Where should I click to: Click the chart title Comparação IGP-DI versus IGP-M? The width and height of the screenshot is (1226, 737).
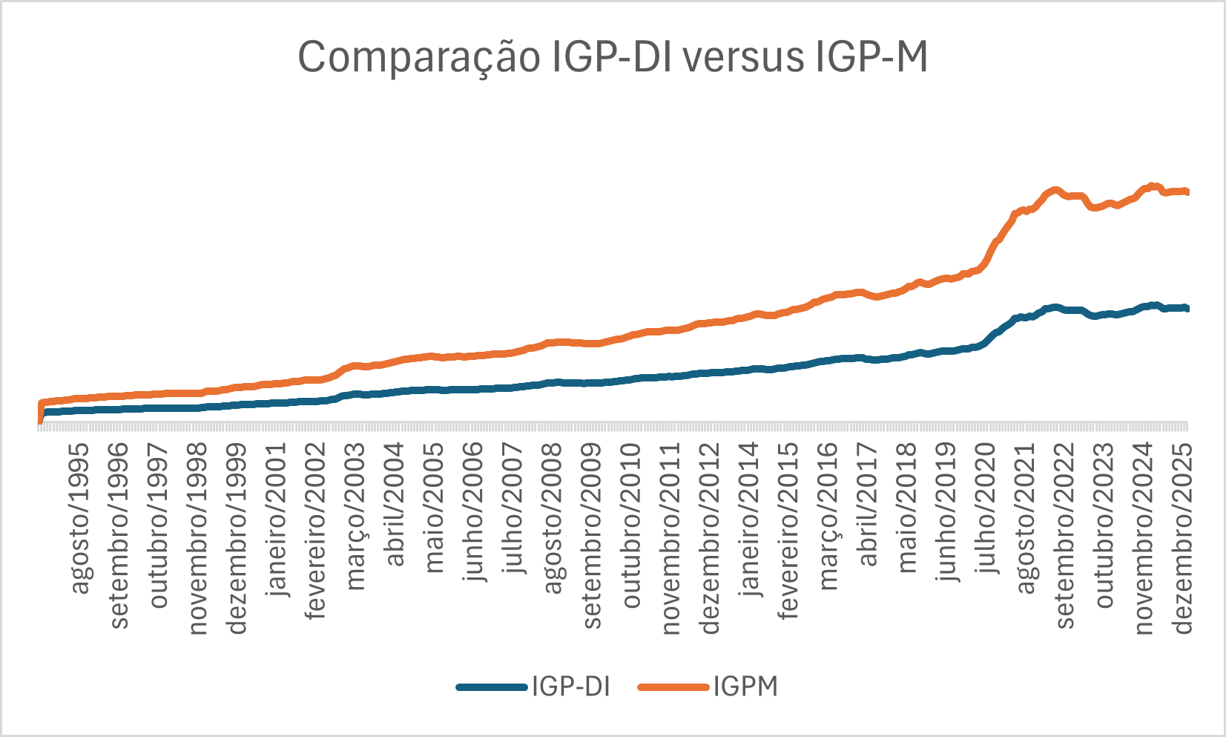pos(613,57)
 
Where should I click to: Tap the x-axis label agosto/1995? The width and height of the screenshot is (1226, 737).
pos(80,519)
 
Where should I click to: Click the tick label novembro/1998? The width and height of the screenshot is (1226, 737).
pos(198,540)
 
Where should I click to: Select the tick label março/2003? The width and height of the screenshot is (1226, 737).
pos(356,517)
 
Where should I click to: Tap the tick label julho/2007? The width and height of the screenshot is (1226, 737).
pos(513,509)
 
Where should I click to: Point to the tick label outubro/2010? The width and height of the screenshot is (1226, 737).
pos(631,526)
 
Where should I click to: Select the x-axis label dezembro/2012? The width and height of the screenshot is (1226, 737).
pos(710,540)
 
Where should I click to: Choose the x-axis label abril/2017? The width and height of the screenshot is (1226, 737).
pos(868,505)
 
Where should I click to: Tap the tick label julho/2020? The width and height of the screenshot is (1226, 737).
pos(986,509)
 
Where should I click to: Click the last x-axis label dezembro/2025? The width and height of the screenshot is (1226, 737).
pos(1183,540)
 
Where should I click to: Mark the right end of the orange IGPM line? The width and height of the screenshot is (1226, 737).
pos(1187,192)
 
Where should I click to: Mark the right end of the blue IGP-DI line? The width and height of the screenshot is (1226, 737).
pos(1187,308)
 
